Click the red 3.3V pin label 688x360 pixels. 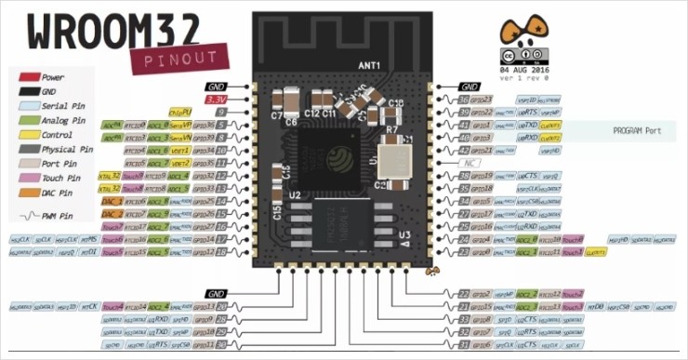click(216, 99)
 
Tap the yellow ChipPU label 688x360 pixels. click(180, 112)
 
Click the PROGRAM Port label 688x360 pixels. click(636, 131)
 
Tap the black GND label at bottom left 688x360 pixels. click(216, 293)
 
